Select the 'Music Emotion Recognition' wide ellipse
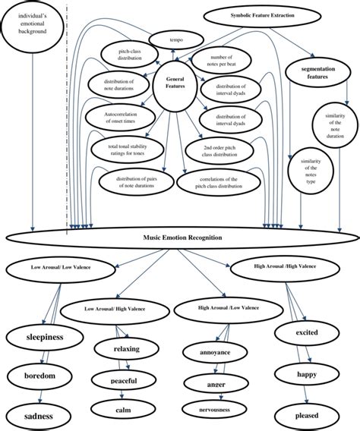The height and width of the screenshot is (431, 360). (182, 238)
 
